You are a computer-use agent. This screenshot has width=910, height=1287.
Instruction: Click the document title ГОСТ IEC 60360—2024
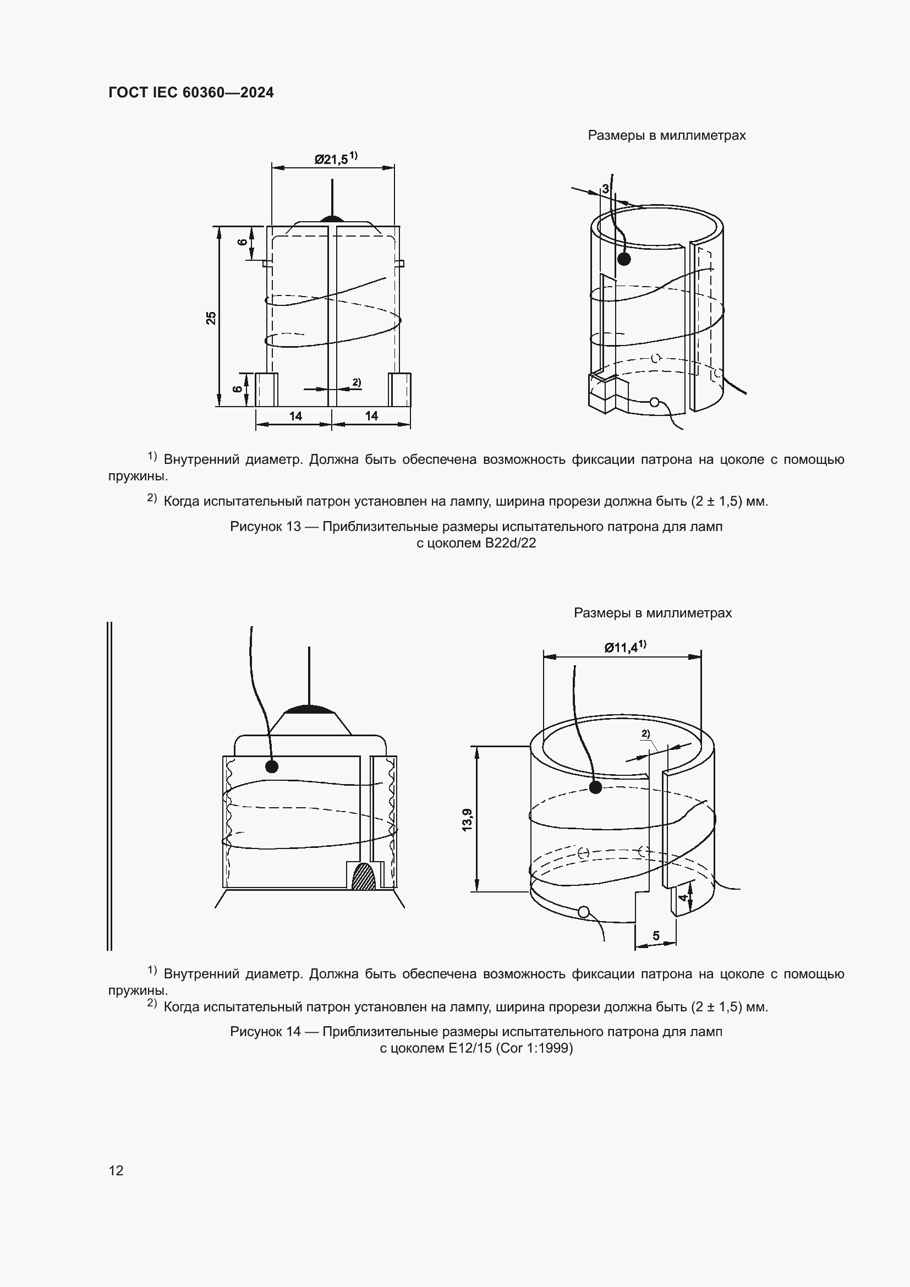click(191, 93)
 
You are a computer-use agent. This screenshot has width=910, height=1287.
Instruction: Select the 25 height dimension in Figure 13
click(211, 318)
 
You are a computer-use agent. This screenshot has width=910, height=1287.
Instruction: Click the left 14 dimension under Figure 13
click(295, 416)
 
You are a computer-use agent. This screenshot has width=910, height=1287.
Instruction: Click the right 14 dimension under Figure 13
click(371, 416)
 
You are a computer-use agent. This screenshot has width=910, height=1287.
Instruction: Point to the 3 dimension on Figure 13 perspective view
click(605, 189)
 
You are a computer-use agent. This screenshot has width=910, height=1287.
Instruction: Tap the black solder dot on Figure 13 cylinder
click(624, 259)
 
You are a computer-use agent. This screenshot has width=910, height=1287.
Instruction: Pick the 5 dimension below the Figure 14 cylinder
click(656, 935)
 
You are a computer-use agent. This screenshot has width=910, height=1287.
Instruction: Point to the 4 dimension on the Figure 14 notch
click(682, 897)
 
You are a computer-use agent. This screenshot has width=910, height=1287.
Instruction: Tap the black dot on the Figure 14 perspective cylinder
click(596, 787)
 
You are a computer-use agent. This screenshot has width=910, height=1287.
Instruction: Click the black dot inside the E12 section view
click(272, 766)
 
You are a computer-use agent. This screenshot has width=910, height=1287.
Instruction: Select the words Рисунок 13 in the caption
click(266, 527)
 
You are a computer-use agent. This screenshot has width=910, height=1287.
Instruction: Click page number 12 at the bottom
click(116, 1170)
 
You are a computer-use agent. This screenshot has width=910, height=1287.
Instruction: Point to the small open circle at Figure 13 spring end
click(654, 402)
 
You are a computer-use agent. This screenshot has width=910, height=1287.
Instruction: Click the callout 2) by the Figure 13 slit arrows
click(357, 382)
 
